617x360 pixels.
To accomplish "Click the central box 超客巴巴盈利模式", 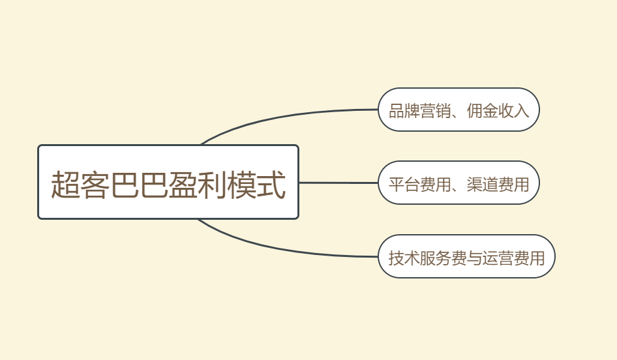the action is point(168,182).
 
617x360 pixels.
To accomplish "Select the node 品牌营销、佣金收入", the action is point(459,110).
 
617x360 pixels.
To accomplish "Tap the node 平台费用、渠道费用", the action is point(459,183).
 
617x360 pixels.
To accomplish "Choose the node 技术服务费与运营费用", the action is point(466,256).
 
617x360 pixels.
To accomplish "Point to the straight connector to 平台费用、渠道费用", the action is point(339,183).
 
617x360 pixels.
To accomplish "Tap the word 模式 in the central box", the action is point(256,185).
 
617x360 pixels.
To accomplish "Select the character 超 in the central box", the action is point(66,185).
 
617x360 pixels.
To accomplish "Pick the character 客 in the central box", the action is point(95,185).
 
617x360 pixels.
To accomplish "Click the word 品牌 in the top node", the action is point(404,111).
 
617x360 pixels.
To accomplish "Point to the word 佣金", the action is point(482,111).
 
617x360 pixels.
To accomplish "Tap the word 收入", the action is point(513,111).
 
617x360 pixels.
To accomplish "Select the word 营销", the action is point(435,111).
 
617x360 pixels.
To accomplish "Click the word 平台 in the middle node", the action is point(404,184).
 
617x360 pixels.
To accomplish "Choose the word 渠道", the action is point(482,184).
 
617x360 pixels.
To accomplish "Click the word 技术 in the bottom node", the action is point(404,258).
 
